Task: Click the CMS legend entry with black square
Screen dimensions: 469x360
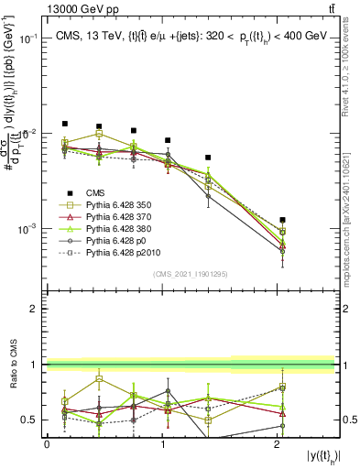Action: tap(89, 193)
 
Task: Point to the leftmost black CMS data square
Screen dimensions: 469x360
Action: tap(65, 124)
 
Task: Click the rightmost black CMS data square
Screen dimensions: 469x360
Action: tap(283, 220)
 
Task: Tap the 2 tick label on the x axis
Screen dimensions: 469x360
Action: tap(279, 444)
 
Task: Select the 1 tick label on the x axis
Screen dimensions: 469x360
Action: tap(163, 444)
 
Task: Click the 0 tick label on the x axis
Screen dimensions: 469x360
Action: tap(47, 444)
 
